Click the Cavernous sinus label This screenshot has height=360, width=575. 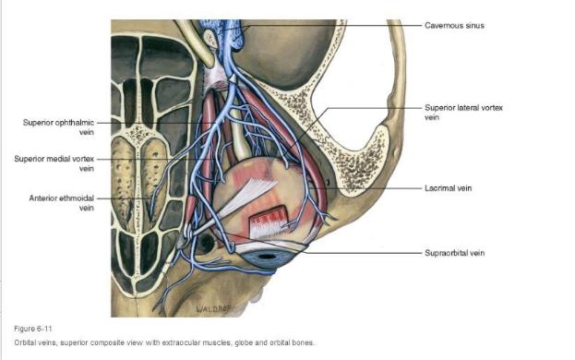[454, 26]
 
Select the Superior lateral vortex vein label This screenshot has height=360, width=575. [463, 113]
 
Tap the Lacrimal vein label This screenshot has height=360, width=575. [449, 188]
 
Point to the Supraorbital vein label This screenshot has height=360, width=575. [454, 253]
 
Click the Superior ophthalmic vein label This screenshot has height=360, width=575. [58, 127]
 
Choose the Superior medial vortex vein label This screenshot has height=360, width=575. [54, 163]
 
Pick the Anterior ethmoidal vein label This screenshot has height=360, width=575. [61, 203]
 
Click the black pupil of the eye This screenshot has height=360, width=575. [267, 257]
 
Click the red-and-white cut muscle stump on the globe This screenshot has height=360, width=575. [268, 222]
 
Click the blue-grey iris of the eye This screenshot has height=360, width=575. [266, 259]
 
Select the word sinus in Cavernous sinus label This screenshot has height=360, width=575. [474, 26]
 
